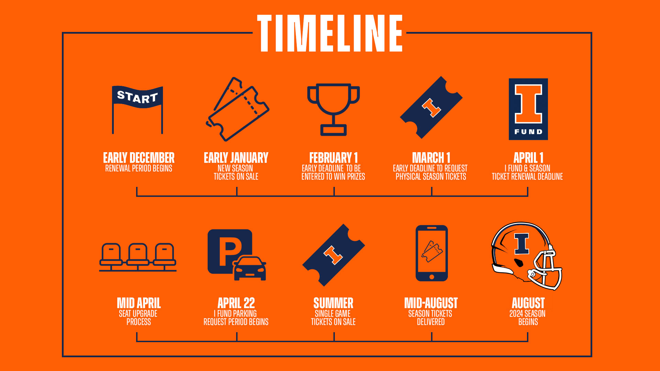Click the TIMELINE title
point(330,33)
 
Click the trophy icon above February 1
point(333,109)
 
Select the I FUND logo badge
point(528,109)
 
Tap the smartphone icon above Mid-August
point(432,253)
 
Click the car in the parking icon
point(250,268)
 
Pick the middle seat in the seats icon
point(138,255)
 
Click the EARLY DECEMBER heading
point(139,158)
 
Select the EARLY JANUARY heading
point(236,158)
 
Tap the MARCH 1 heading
point(431,158)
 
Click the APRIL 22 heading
point(236,303)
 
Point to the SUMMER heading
point(333,303)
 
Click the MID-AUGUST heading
point(431,303)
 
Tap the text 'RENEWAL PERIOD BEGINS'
point(139,168)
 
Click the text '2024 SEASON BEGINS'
point(528,318)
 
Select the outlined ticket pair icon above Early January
point(238,109)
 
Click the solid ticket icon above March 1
point(431,108)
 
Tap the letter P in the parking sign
point(229,253)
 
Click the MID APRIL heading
point(139,303)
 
